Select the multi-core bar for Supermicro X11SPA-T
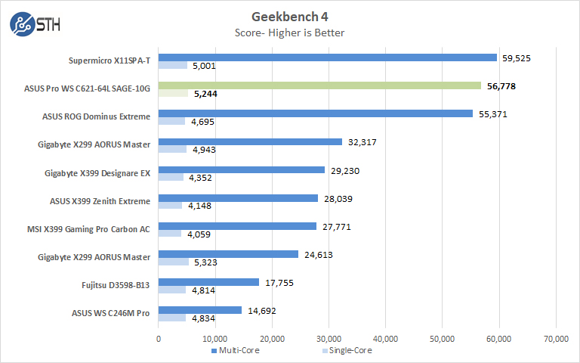(x=328, y=57)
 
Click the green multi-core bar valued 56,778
(x=319, y=85)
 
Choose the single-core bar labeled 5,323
(x=174, y=262)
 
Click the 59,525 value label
(x=516, y=57)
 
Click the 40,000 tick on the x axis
(x=385, y=339)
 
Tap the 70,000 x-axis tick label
(x=556, y=339)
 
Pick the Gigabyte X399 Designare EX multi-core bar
(x=242, y=170)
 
